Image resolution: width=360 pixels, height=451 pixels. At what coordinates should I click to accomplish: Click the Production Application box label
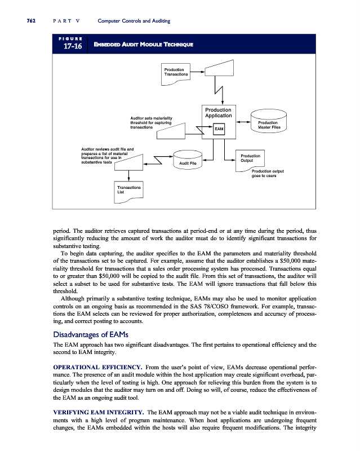point(218,112)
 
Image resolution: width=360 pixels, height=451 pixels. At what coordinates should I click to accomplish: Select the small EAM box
point(219,129)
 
